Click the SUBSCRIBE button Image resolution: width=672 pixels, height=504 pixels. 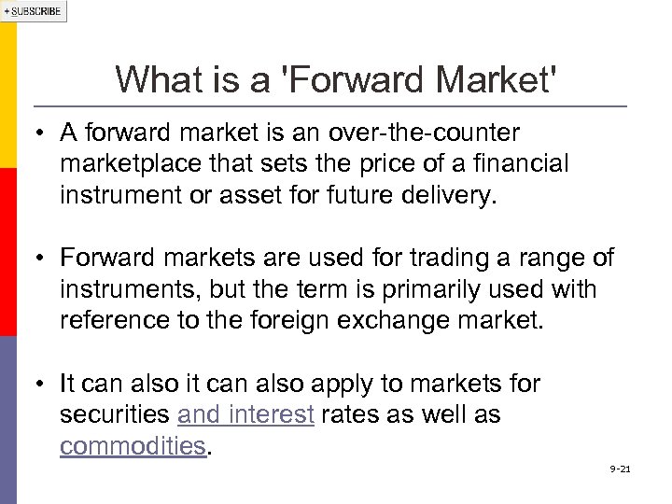34,11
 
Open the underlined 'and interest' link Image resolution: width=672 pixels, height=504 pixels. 245,414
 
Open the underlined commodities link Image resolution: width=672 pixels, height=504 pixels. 132,446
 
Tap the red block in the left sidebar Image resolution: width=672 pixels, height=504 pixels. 8,252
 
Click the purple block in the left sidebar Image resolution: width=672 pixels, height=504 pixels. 8,420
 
